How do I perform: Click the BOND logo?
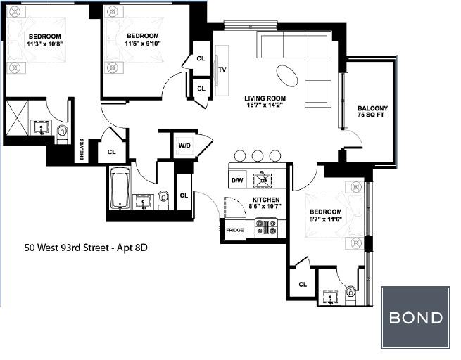(415, 318)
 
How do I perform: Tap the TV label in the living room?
(222, 70)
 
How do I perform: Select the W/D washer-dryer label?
(184, 146)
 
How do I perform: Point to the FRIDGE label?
(235, 230)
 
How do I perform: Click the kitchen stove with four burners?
(266, 226)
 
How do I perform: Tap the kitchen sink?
(263, 179)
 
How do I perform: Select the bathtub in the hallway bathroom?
(120, 190)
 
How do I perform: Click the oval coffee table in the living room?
(287, 75)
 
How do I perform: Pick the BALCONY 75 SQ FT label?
(372, 112)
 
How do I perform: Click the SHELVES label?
(82, 150)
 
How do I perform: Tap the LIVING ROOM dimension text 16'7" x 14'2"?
(265, 105)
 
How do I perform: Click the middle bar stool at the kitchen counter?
(258, 155)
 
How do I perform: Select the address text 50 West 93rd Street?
(68, 247)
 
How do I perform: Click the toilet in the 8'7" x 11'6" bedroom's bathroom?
(351, 292)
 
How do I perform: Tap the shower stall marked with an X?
(17, 117)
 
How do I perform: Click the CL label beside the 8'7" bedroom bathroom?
(303, 284)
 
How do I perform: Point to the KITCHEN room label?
(266, 200)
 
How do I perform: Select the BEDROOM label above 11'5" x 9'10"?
(143, 36)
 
